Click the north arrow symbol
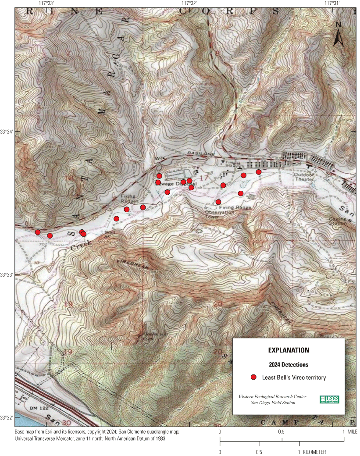point(338,35)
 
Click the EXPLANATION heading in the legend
point(289,350)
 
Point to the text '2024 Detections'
point(288,364)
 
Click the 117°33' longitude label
point(46,3)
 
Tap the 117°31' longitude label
point(335,3)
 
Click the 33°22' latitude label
point(7,417)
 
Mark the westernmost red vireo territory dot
point(38,232)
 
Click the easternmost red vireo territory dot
point(259,172)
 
